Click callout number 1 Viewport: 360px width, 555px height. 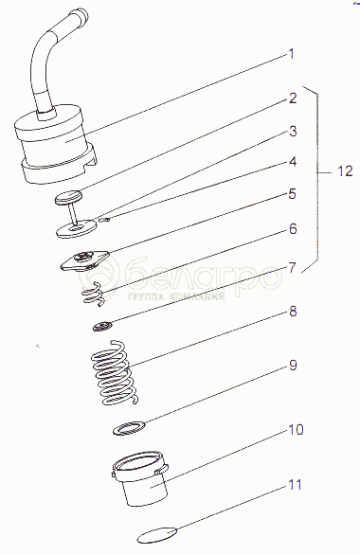point(292,55)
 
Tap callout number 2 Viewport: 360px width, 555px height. point(293,98)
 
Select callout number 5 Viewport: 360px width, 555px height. point(292,194)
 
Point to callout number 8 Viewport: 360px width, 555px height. point(293,313)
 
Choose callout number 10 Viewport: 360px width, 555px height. point(296,430)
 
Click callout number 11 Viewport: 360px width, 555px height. point(295,485)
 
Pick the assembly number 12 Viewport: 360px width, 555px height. point(345,171)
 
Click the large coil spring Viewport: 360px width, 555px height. point(114,373)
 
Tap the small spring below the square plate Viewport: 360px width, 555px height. point(93,294)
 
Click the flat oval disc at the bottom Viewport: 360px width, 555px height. point(157,535)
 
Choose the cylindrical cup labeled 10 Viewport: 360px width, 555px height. point(140,478)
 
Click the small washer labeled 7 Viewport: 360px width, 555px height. point(102,326)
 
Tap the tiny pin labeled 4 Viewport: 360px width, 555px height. point(105,220)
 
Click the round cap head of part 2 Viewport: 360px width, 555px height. point(68,197)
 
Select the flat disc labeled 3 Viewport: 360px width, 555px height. point(77,228)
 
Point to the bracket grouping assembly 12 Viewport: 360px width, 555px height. point(316,177)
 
